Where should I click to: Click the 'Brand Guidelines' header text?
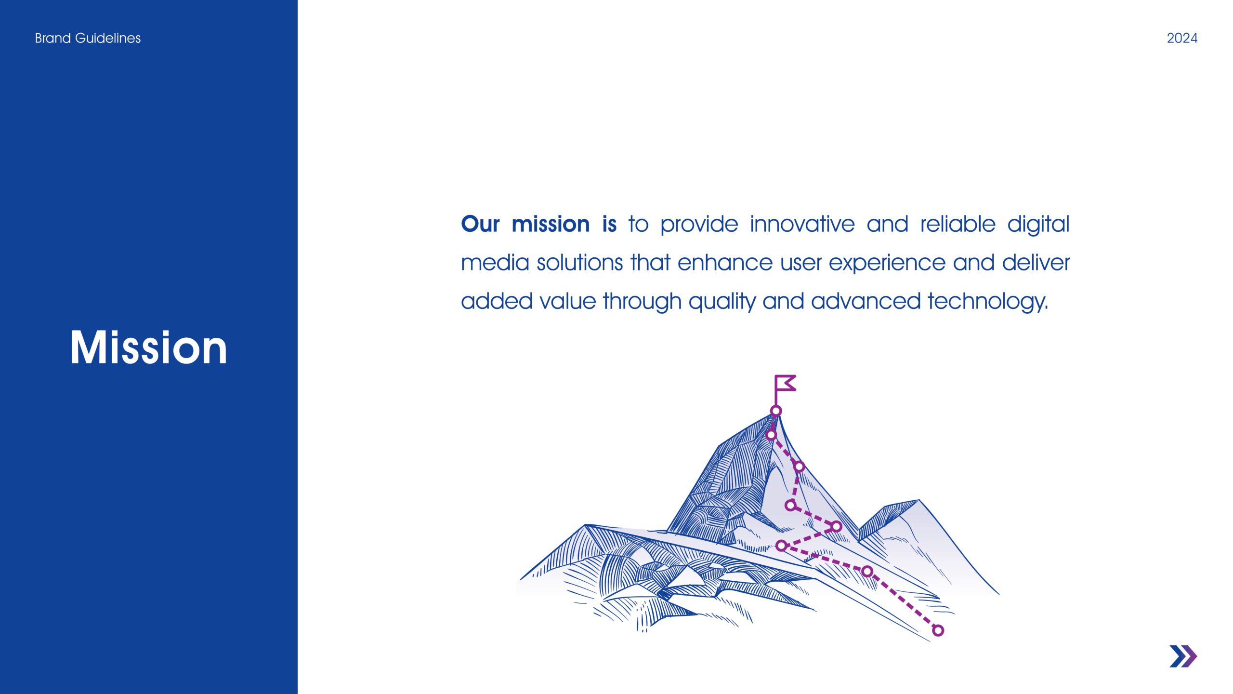pos(88,38)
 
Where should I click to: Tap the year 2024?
pos(1182,38)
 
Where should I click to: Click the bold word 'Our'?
pos(480,224)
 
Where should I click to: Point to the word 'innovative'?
pos(802,224)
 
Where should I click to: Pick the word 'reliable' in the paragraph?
pos(958,224)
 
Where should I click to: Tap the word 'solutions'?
pos(580,263)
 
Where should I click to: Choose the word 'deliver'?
pos(1036,263)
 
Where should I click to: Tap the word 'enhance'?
pos(725,263)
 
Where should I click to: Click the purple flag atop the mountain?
pos(785,384)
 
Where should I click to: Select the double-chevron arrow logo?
pos(1183,656)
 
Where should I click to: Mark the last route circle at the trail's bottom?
pos(938,630)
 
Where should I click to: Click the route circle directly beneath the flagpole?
pos(776,411)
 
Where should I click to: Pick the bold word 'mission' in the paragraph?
pos(551,224)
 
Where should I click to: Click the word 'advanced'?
pos(866,301)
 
